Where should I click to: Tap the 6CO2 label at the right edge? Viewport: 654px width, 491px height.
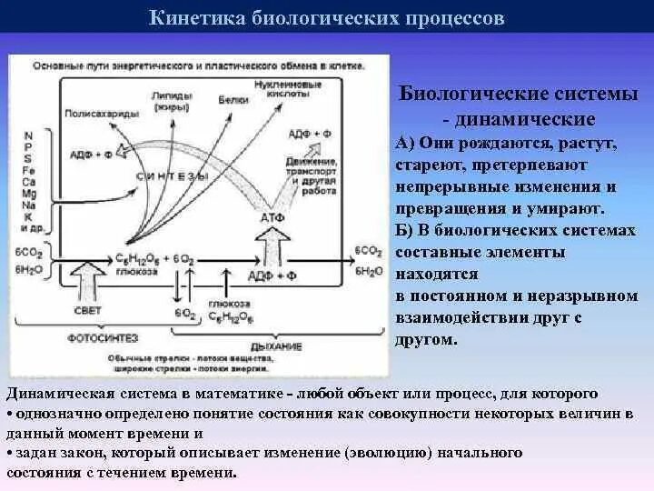click(368, 248)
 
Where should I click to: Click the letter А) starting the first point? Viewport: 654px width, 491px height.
click(405, 144)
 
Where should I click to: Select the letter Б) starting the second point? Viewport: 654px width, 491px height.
click(405, 231)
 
